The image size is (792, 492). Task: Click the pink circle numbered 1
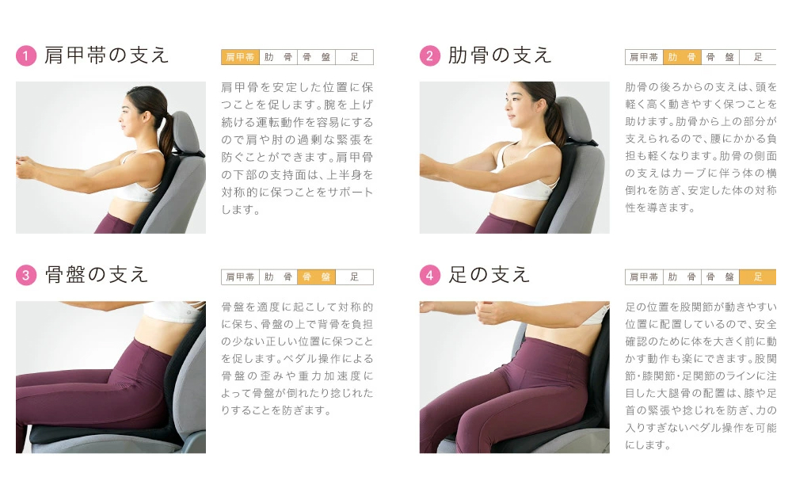pos(26,55)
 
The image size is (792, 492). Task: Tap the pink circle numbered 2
pos(430,55)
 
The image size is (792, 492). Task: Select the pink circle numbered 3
pos(26,275)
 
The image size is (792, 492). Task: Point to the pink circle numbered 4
pos(430,275)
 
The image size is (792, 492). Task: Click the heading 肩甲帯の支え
pos(106,55)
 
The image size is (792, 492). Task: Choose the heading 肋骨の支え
pos(499,55)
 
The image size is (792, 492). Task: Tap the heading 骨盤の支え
pos(96,275)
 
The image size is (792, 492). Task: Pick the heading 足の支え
pos(489,275)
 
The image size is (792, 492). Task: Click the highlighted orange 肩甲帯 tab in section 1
pos(241,57)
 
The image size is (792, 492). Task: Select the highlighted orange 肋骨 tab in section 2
pos(682,57)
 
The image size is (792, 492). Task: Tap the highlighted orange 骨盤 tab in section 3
pos(316,277)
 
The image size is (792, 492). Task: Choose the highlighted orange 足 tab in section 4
pos(758,277)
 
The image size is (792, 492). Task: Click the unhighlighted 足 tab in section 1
pos(355,57)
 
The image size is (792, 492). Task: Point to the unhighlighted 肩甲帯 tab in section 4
pos(644,277)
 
